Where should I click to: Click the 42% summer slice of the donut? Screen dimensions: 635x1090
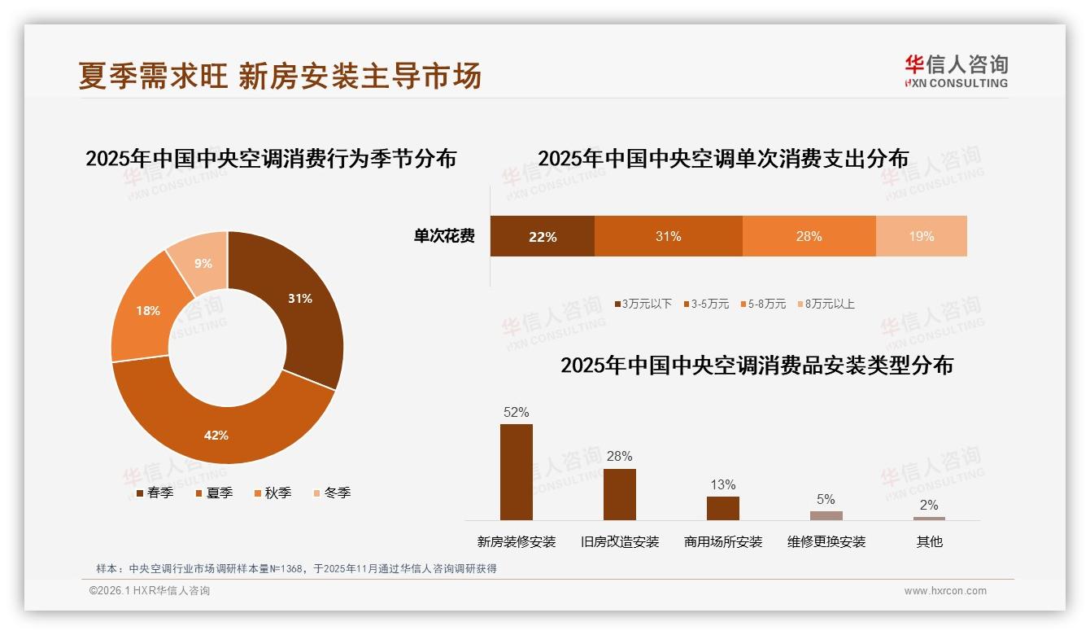click(217, 434)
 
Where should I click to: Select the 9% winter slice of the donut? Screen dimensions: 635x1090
click(203, 262)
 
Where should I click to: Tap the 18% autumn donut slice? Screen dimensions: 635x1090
click(147, 310)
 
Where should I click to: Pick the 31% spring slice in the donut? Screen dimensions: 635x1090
click(299, 299)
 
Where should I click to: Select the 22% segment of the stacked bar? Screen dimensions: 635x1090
click(543, 237)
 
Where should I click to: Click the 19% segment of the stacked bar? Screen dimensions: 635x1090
click(921, 237)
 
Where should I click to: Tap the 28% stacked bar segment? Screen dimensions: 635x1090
click(809, 237)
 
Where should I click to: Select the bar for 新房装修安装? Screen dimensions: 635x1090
click(516, 472)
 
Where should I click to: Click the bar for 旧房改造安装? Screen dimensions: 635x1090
click(619, 494)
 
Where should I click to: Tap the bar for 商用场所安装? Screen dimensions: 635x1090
click(722, 508)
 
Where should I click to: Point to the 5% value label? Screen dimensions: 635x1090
click(826, 499)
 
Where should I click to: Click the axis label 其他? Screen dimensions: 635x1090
click(929, 541)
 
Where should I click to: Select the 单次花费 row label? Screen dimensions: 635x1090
click(444, 237)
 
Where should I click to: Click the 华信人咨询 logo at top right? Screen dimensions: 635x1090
click(956, 71)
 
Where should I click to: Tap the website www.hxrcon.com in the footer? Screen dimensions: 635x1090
click(945, 591)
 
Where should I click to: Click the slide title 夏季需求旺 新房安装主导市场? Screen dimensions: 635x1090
click(281, 75)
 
